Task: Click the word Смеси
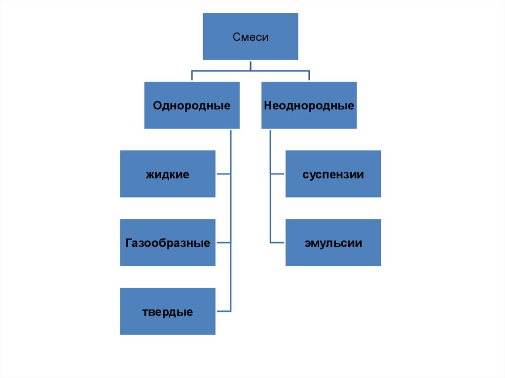pyautogui.click(x=251, y=37)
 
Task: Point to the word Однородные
pyautogui.click(x=192, y=105)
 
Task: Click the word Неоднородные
pyautogui.click(x=309, y=105)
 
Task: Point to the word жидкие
pyautogui.click(x=168, y=174)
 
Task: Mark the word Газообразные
pyautogui.click(x=168, y=243)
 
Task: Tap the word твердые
pyautogui.click(x=168, y=312)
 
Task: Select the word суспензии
pyautogui.click(x=333, y=174)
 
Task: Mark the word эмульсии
pyautogui.click(x=333, y=243)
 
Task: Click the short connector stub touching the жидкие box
pyautogui.click(x=223, y=174)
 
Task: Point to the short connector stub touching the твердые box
pyautogui.click(x=223, y=311)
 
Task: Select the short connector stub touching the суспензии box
pyautogui.click(x=278, y=174)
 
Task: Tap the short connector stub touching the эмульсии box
pyautogui.click(x=278, y=242)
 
